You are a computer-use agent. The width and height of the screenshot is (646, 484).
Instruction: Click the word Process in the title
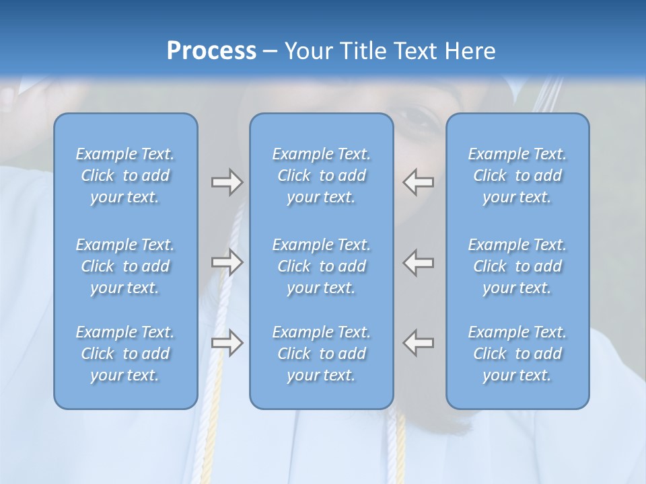[x=211, y=50]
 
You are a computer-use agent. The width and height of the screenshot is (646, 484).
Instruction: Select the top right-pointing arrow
[x=227, y=182]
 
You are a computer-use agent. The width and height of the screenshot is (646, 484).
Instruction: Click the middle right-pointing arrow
[x=227, y=262]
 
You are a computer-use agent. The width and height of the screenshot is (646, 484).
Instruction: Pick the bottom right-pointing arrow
[x=227, y=343]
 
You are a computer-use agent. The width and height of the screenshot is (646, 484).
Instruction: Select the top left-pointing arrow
[x=419, y=182]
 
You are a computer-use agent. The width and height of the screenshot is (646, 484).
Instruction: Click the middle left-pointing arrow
[x=419, y=262]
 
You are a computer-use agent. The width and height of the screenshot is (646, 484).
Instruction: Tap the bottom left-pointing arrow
[x=419, y=343]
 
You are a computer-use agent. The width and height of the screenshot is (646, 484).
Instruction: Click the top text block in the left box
[x=125, y=175]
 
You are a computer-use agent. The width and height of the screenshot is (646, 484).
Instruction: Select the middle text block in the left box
[x=125, y=266]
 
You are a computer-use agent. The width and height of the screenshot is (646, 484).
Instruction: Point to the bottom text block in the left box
[x=125, y=354]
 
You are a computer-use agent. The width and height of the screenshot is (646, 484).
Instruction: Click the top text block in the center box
[x=321, y=175]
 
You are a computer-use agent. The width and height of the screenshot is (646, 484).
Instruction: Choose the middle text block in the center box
[x=321, y=266]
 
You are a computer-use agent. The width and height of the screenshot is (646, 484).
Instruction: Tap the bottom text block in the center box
[x=321, y=354]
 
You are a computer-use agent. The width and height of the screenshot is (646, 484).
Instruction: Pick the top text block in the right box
[x=517, y=175]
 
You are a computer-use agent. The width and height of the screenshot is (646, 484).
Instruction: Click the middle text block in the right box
[x=517, y=266]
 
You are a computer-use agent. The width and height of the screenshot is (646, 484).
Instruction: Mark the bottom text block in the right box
[x=517, y=354]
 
